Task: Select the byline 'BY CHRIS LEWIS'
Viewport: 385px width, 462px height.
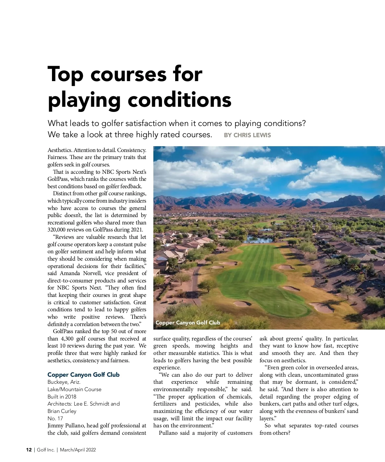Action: [247, 135]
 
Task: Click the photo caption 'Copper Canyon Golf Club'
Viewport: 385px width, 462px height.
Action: [188, 323]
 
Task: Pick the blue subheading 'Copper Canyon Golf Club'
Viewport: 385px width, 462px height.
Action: [83, 375]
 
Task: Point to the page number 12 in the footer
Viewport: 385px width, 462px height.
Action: [29, 450]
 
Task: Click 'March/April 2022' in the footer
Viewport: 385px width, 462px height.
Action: [78, 450]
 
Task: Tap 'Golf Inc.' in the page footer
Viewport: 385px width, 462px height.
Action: [46, 450]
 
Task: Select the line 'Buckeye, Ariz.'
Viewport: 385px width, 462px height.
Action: [64, 382]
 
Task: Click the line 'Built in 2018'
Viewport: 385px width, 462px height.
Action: [62, 397]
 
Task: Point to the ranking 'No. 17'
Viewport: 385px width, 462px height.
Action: [55, 418]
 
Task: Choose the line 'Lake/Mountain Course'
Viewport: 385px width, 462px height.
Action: [74, 389]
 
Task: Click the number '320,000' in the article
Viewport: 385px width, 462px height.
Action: [57, 230]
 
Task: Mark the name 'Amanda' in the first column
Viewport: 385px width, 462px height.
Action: [70, 273]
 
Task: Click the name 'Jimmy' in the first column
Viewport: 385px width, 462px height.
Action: [55, 426]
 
